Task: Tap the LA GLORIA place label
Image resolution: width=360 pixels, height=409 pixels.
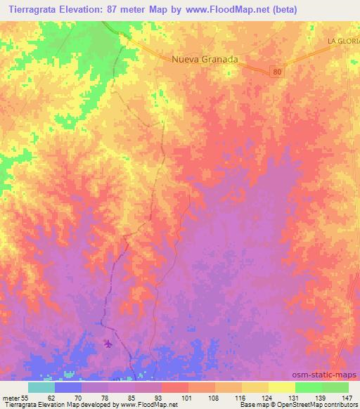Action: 343,42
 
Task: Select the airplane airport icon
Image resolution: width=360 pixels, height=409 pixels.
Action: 108,344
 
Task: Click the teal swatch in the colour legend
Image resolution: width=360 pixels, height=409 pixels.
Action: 41,387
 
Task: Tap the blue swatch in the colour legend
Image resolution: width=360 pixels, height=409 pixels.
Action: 68,387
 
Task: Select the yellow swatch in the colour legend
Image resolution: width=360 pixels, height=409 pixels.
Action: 282,387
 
